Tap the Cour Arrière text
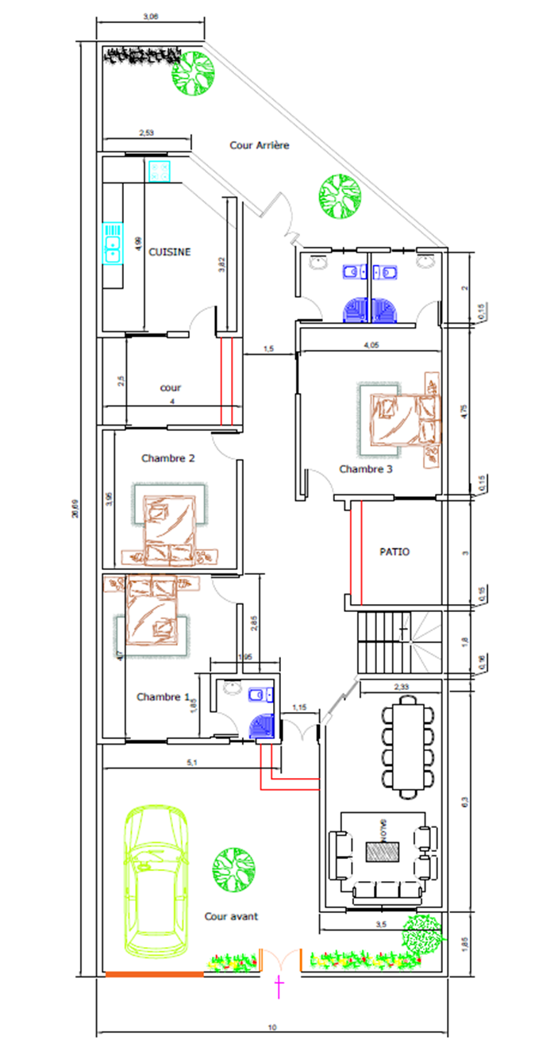[x=260, y=145]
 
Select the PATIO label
[x=394, y=552]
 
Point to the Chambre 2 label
[x=167, y=458]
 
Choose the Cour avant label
[x=231, y=916]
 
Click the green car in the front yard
[x=156, y=881]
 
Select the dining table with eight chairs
[x=409, y=746]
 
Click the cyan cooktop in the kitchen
[x=159, y=171]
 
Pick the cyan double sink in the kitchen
[x=112, y=242]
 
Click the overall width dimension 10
[x=271, y=1028]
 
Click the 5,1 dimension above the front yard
[x=190, y=763]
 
